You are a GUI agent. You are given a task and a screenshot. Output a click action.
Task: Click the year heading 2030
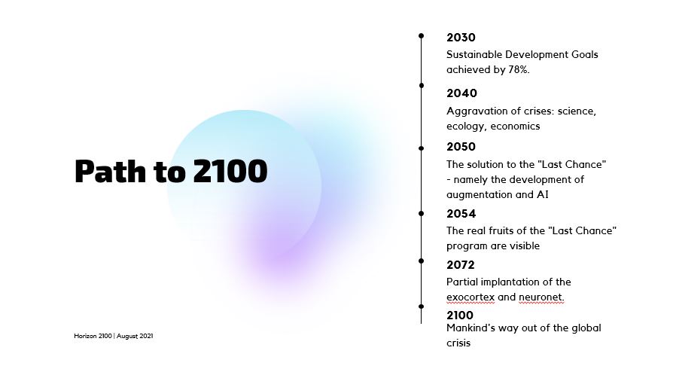(461, 38)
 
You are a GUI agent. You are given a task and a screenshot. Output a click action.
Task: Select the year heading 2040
(461, 93)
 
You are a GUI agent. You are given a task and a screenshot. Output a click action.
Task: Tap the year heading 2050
(461, 147)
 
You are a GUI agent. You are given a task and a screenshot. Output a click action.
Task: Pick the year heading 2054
(461, 214)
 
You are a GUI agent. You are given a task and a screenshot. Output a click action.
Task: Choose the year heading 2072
(461, 264)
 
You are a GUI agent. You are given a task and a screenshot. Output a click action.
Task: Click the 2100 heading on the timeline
(460, 316)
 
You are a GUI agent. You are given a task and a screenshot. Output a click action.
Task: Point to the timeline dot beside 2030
(421, 36)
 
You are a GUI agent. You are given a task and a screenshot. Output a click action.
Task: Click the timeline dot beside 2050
(421, 148)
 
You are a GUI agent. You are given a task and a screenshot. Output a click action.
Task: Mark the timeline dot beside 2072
(421, 261)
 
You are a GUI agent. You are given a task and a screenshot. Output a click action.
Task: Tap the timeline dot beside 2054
(421, 214)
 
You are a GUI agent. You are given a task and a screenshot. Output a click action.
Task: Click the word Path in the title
(111, 171)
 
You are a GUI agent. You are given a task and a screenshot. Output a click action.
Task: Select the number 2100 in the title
(230, 171)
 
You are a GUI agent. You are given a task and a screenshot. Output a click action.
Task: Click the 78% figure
(519, 69)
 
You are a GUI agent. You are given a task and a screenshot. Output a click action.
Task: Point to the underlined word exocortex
(470, 297)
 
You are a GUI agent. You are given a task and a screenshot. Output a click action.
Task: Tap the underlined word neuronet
(541, 297)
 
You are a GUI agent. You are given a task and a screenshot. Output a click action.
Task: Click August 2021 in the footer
(135, 336)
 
